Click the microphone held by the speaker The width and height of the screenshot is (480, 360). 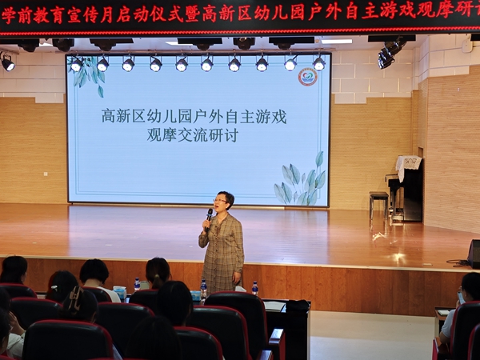[209, 218]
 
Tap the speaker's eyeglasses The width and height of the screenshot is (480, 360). [220, 201]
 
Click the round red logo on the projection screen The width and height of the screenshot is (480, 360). [308, 78]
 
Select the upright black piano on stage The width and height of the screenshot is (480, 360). [404, 190]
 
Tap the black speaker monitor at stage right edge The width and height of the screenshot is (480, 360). [474, 254]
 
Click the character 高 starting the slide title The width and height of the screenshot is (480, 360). [108, 117]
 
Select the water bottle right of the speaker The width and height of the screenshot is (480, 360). [254, 288]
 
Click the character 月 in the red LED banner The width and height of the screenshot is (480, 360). [106, 14]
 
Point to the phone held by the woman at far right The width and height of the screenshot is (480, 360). [461, 298]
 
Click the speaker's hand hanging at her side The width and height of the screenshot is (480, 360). [236, 278]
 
